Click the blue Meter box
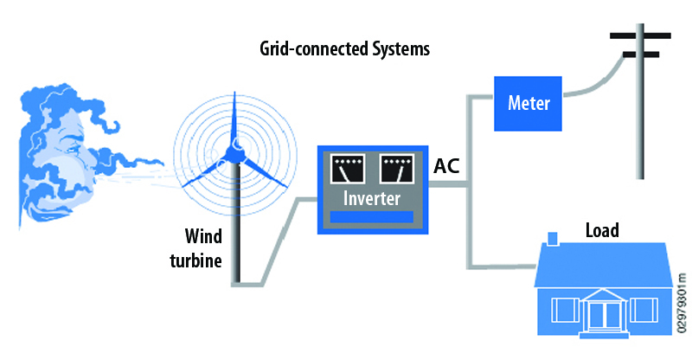(528, 102)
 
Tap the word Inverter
(373, 199)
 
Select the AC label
(447, 165)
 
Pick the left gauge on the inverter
(349, 170)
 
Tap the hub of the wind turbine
(234, 152)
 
